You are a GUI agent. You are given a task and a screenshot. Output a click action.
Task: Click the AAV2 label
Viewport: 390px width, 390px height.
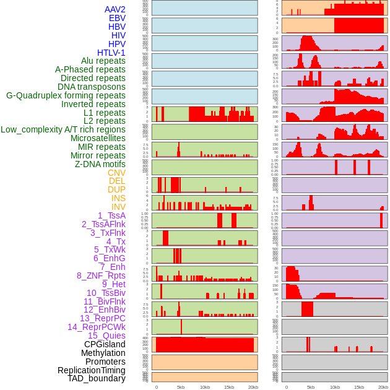115,9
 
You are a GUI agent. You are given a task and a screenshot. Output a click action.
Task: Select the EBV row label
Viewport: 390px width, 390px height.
117,18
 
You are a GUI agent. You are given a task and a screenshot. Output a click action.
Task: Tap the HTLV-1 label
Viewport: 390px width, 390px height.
111,53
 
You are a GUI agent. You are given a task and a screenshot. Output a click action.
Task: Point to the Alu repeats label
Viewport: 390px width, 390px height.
103,61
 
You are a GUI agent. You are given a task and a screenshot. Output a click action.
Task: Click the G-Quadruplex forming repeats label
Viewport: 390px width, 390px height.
66,95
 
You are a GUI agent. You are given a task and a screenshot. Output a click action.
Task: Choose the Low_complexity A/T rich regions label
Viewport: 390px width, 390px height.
63,129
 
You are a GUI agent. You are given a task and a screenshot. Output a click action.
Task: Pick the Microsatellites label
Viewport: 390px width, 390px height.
98,138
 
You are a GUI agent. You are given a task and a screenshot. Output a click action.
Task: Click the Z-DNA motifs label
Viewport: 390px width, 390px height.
100,164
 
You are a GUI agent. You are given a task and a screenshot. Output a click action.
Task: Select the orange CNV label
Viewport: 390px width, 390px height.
116,173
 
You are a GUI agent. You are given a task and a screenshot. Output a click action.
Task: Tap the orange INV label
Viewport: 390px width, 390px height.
118,207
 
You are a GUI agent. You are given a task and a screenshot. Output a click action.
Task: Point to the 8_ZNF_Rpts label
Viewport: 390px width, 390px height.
101,275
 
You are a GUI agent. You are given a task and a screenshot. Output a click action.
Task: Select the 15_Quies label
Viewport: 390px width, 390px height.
106,336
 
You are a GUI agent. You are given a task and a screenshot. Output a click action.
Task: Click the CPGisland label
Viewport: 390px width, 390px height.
105,344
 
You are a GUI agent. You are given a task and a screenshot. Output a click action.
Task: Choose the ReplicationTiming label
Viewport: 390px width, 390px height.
91,370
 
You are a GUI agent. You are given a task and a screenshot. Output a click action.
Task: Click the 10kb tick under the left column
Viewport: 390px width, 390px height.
204,387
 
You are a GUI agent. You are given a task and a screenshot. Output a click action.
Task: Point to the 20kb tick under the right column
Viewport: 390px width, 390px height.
383,387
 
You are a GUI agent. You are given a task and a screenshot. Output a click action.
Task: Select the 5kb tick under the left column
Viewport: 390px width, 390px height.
181,387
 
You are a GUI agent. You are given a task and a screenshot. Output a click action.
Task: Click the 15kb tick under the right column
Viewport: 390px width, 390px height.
359,387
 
